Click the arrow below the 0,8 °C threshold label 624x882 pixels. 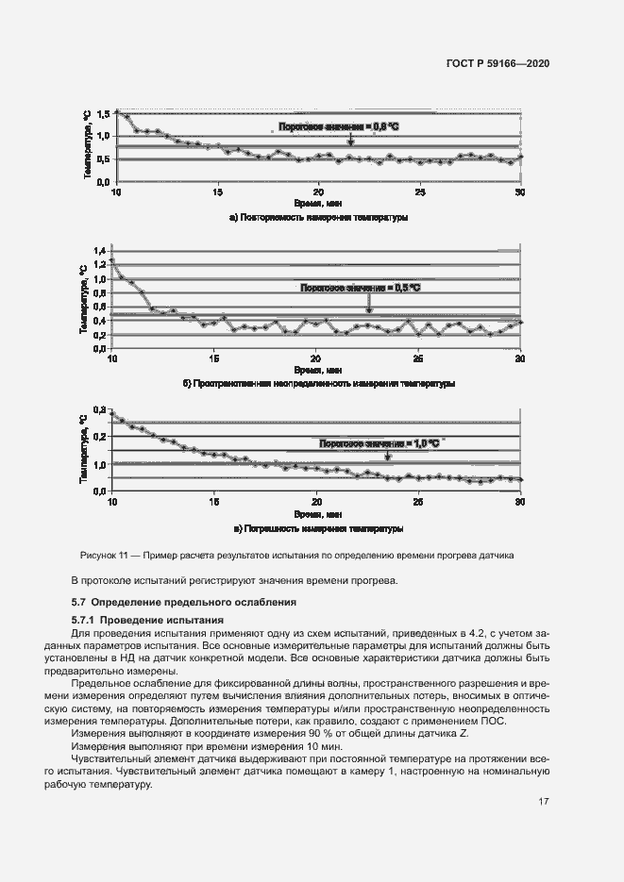click(350, 139)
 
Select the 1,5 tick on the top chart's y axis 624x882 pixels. click(103, 113)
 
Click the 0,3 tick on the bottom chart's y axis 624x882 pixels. click(98, 412)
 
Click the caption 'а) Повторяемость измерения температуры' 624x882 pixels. click(318, 217)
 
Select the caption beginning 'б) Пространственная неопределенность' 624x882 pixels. click(318, 384)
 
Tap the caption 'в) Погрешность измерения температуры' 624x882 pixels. click(318, 528)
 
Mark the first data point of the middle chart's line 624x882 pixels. click(112, 259)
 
